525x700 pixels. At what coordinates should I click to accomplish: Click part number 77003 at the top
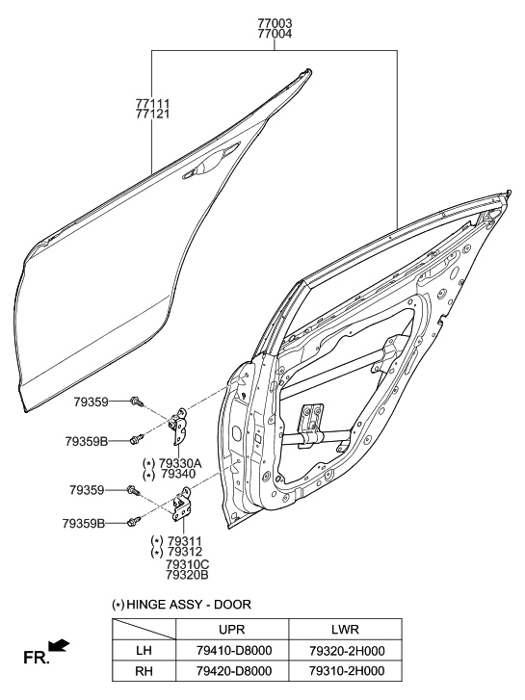[x=275, y=21]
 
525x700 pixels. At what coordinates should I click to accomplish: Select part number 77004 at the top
[x=275, y=34]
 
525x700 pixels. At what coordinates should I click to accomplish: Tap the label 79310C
[x=188, y=564]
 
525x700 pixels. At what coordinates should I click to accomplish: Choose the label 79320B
[x=188, y=576]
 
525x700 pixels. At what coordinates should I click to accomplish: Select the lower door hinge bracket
[x=180, y=506]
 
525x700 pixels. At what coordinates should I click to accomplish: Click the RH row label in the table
[x=144, y=671]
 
